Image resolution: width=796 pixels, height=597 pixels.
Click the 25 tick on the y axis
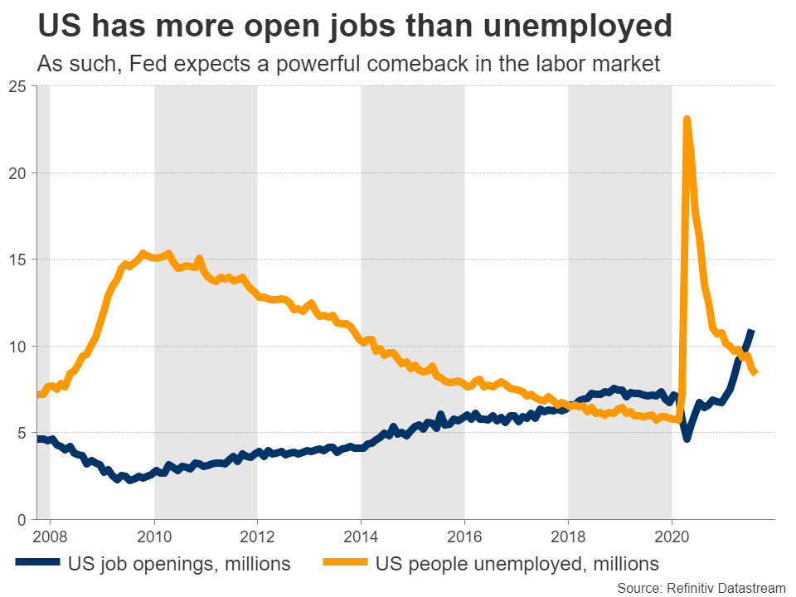pyautogui.click(x=17, y=86)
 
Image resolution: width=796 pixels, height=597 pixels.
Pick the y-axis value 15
pyautogui.click(x=17, y=260)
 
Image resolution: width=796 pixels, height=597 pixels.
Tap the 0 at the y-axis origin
pyautogui.click(x=22, y=519)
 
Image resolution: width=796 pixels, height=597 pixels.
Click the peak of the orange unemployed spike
pyautogui.click(x=687, y=119)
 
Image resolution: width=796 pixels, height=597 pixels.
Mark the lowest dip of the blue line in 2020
pyautogui.click(x=687, y=438)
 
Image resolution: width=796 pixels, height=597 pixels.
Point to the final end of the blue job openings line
pyautogui.click(x=751, y=332)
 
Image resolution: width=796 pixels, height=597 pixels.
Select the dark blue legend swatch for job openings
pyautogui.click(x=37, y=564)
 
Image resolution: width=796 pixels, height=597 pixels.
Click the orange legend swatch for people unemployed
pyautogui.click(x=339, y=564)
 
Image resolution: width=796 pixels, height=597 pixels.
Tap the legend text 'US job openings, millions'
pyautogui.click(x=178, y=564)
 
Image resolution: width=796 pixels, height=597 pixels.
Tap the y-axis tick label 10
pyautogui.click(x=17, y=346)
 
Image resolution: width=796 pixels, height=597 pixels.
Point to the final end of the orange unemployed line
pyautogui.click(x=755, y=372)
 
